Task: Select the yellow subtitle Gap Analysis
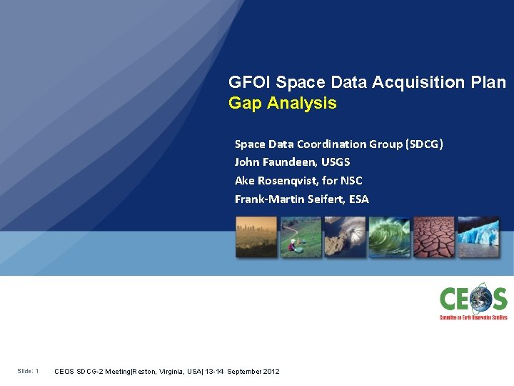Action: tap(282, 104)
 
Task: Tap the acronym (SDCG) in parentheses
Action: tap(424, 144)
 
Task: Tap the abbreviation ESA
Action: tap(358, 199)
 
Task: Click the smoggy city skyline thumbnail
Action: tap(256, 237)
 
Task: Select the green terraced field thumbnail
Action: tap(301, 237)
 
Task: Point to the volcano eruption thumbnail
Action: tap(345, 237)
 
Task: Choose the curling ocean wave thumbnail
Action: tap(389, 237)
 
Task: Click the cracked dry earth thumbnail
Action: tap(433, 237)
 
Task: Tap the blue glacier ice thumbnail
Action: tap(478, 237)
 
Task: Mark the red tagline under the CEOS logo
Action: tap(473, 317)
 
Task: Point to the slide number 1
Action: tap(36, 371)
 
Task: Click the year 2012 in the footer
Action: tap(271, 372)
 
